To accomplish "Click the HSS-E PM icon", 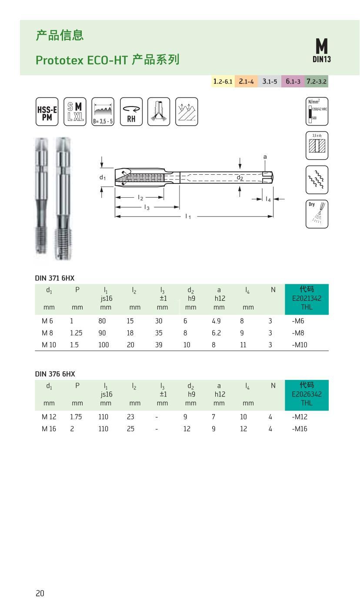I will click(47, 112).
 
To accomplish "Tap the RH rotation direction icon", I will click(131, 112).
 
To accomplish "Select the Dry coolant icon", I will click(317, 213).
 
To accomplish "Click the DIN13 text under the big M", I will click(321, 59).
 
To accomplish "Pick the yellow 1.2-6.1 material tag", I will click(223, 81).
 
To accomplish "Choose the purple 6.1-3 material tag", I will click(293, 81).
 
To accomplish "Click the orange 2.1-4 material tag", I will click(246, 81).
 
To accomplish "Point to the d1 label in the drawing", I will click(103, 177).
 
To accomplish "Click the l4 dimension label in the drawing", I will click(268, 199).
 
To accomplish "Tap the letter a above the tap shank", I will click(265, 157).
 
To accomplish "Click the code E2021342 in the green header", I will click(307, 299).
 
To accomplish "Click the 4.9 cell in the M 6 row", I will click(217, 321).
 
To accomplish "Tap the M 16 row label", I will click(49, 429).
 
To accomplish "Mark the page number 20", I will click(40, 593).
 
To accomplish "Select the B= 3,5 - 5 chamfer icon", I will click(103, 112).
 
